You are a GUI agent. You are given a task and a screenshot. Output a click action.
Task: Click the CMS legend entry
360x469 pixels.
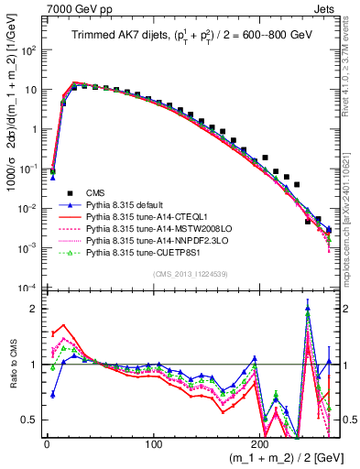pos(96,191)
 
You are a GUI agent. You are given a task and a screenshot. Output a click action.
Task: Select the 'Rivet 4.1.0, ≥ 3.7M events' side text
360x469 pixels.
pos(353,73)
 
